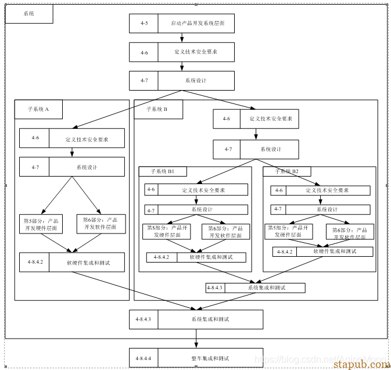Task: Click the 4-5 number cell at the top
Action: [144, 23]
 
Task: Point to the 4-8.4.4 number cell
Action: [144, 358]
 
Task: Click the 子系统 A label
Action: [38, 109]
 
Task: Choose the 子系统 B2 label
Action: [287, 171]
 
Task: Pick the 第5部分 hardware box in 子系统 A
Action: [41, 224]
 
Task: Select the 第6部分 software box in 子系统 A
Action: [100, 224]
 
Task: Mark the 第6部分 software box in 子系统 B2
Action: [350, 232]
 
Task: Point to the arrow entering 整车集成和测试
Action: [196, 339]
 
